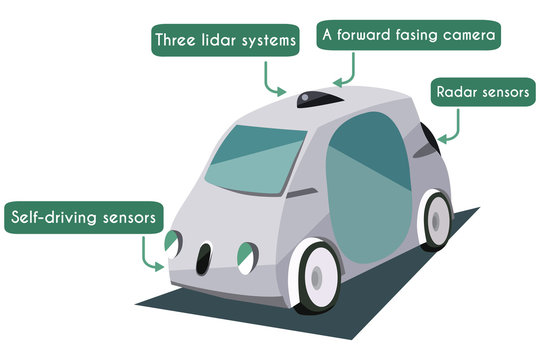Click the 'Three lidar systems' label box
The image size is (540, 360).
point(225,41)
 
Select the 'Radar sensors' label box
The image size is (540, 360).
point(481,92)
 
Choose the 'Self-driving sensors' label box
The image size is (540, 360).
point(85,216)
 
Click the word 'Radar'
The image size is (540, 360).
point(455,92)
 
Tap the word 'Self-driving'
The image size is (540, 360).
point(55,216)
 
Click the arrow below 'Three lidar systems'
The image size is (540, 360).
point(273,77)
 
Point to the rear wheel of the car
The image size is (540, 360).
point(436,219)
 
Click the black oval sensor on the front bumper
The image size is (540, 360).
point(204,259)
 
